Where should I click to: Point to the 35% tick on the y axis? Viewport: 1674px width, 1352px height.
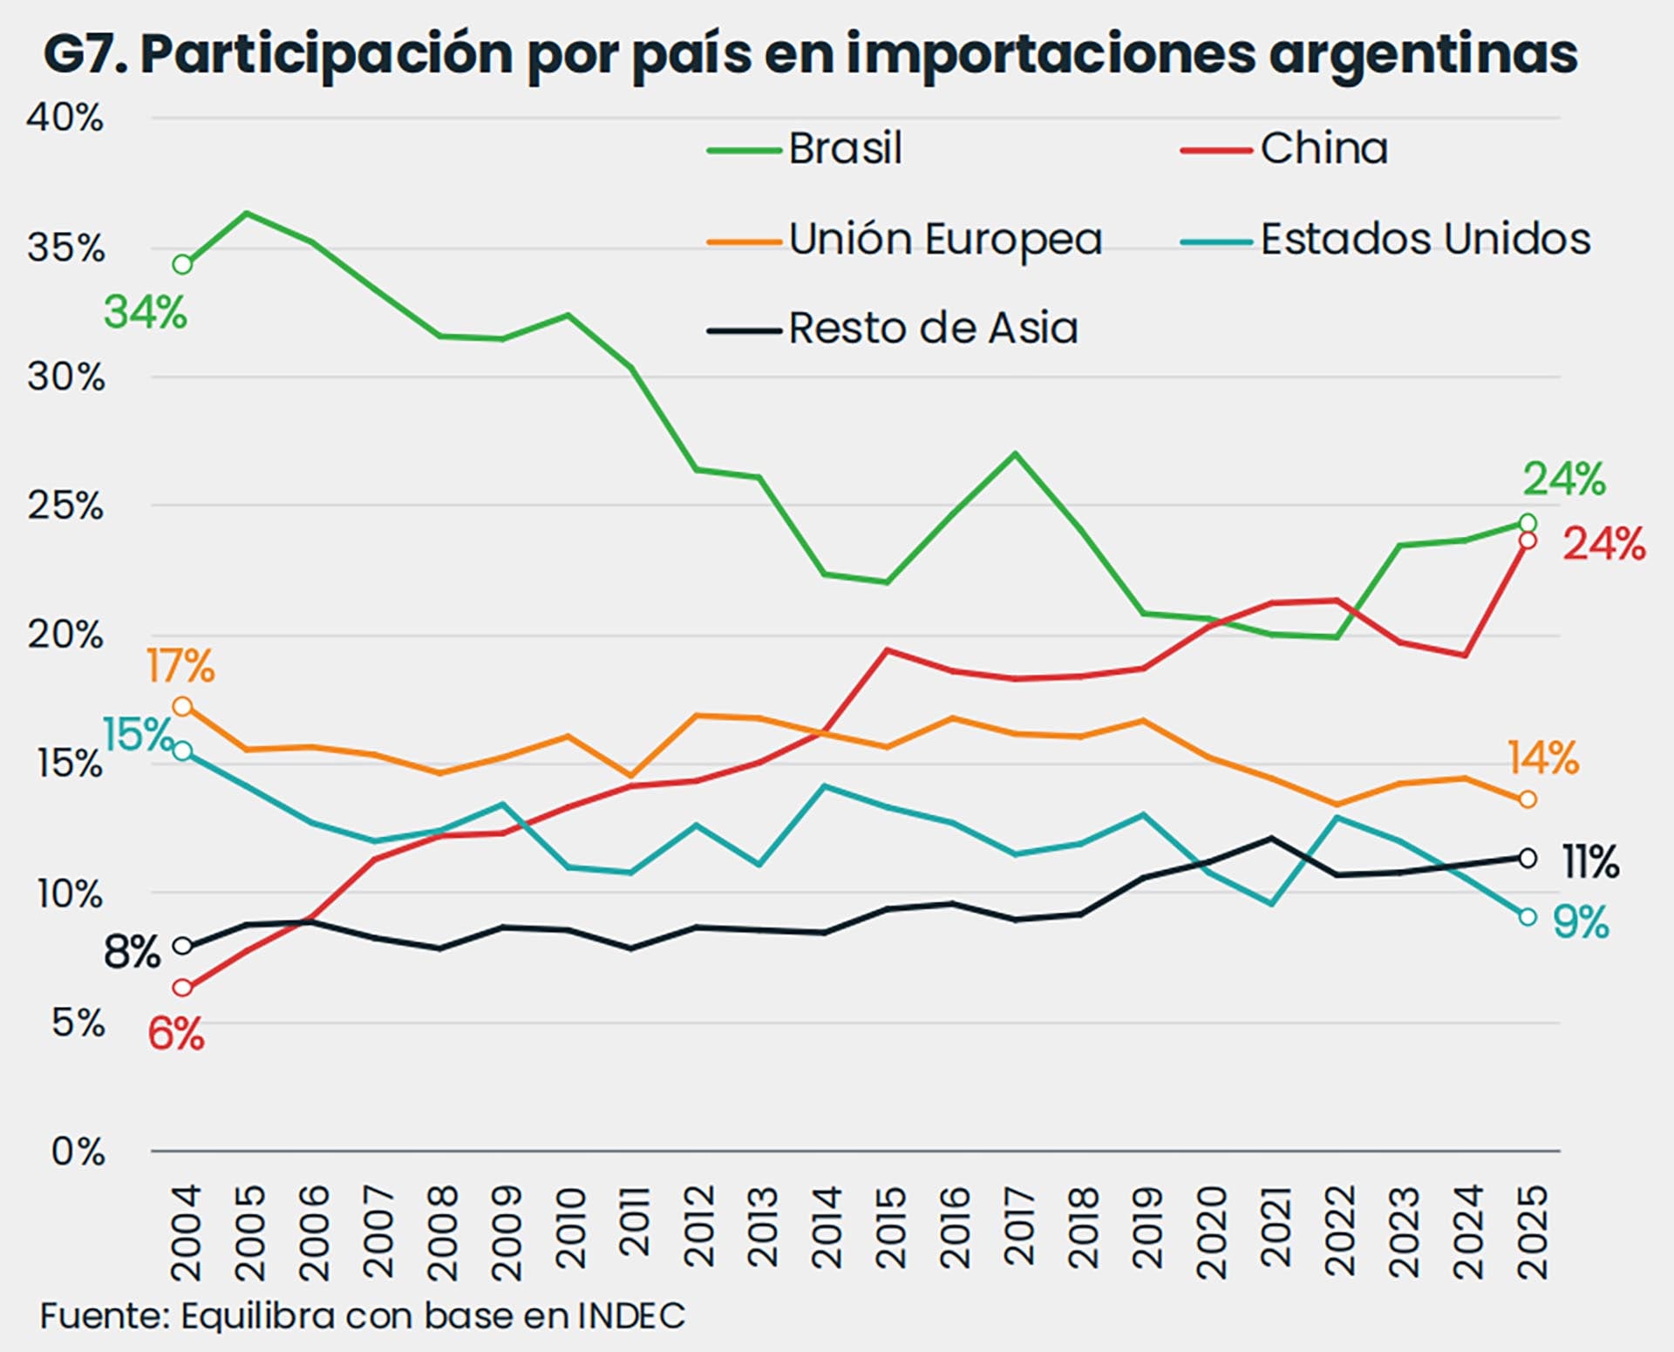(x=65, y=248)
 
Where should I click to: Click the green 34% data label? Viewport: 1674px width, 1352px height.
(x=146, y=312)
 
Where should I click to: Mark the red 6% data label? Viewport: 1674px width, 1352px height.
(x=175, y=1035)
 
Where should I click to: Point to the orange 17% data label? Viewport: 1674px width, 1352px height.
(x=180, y=667)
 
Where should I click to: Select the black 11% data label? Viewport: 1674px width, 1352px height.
(x=1590, y=862)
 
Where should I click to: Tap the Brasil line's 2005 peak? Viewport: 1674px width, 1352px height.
(x=247, y=213)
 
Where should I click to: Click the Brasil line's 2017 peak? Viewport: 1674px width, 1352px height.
(x=1015, y=453)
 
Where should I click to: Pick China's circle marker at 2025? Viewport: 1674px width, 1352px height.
(x=1528, y=540)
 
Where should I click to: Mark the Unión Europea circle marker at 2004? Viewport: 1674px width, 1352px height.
(x=182, y=706)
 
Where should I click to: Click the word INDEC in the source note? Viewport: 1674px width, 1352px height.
(x=631, y=1315)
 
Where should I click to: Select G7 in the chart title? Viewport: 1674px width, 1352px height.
(x=85, y=54)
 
